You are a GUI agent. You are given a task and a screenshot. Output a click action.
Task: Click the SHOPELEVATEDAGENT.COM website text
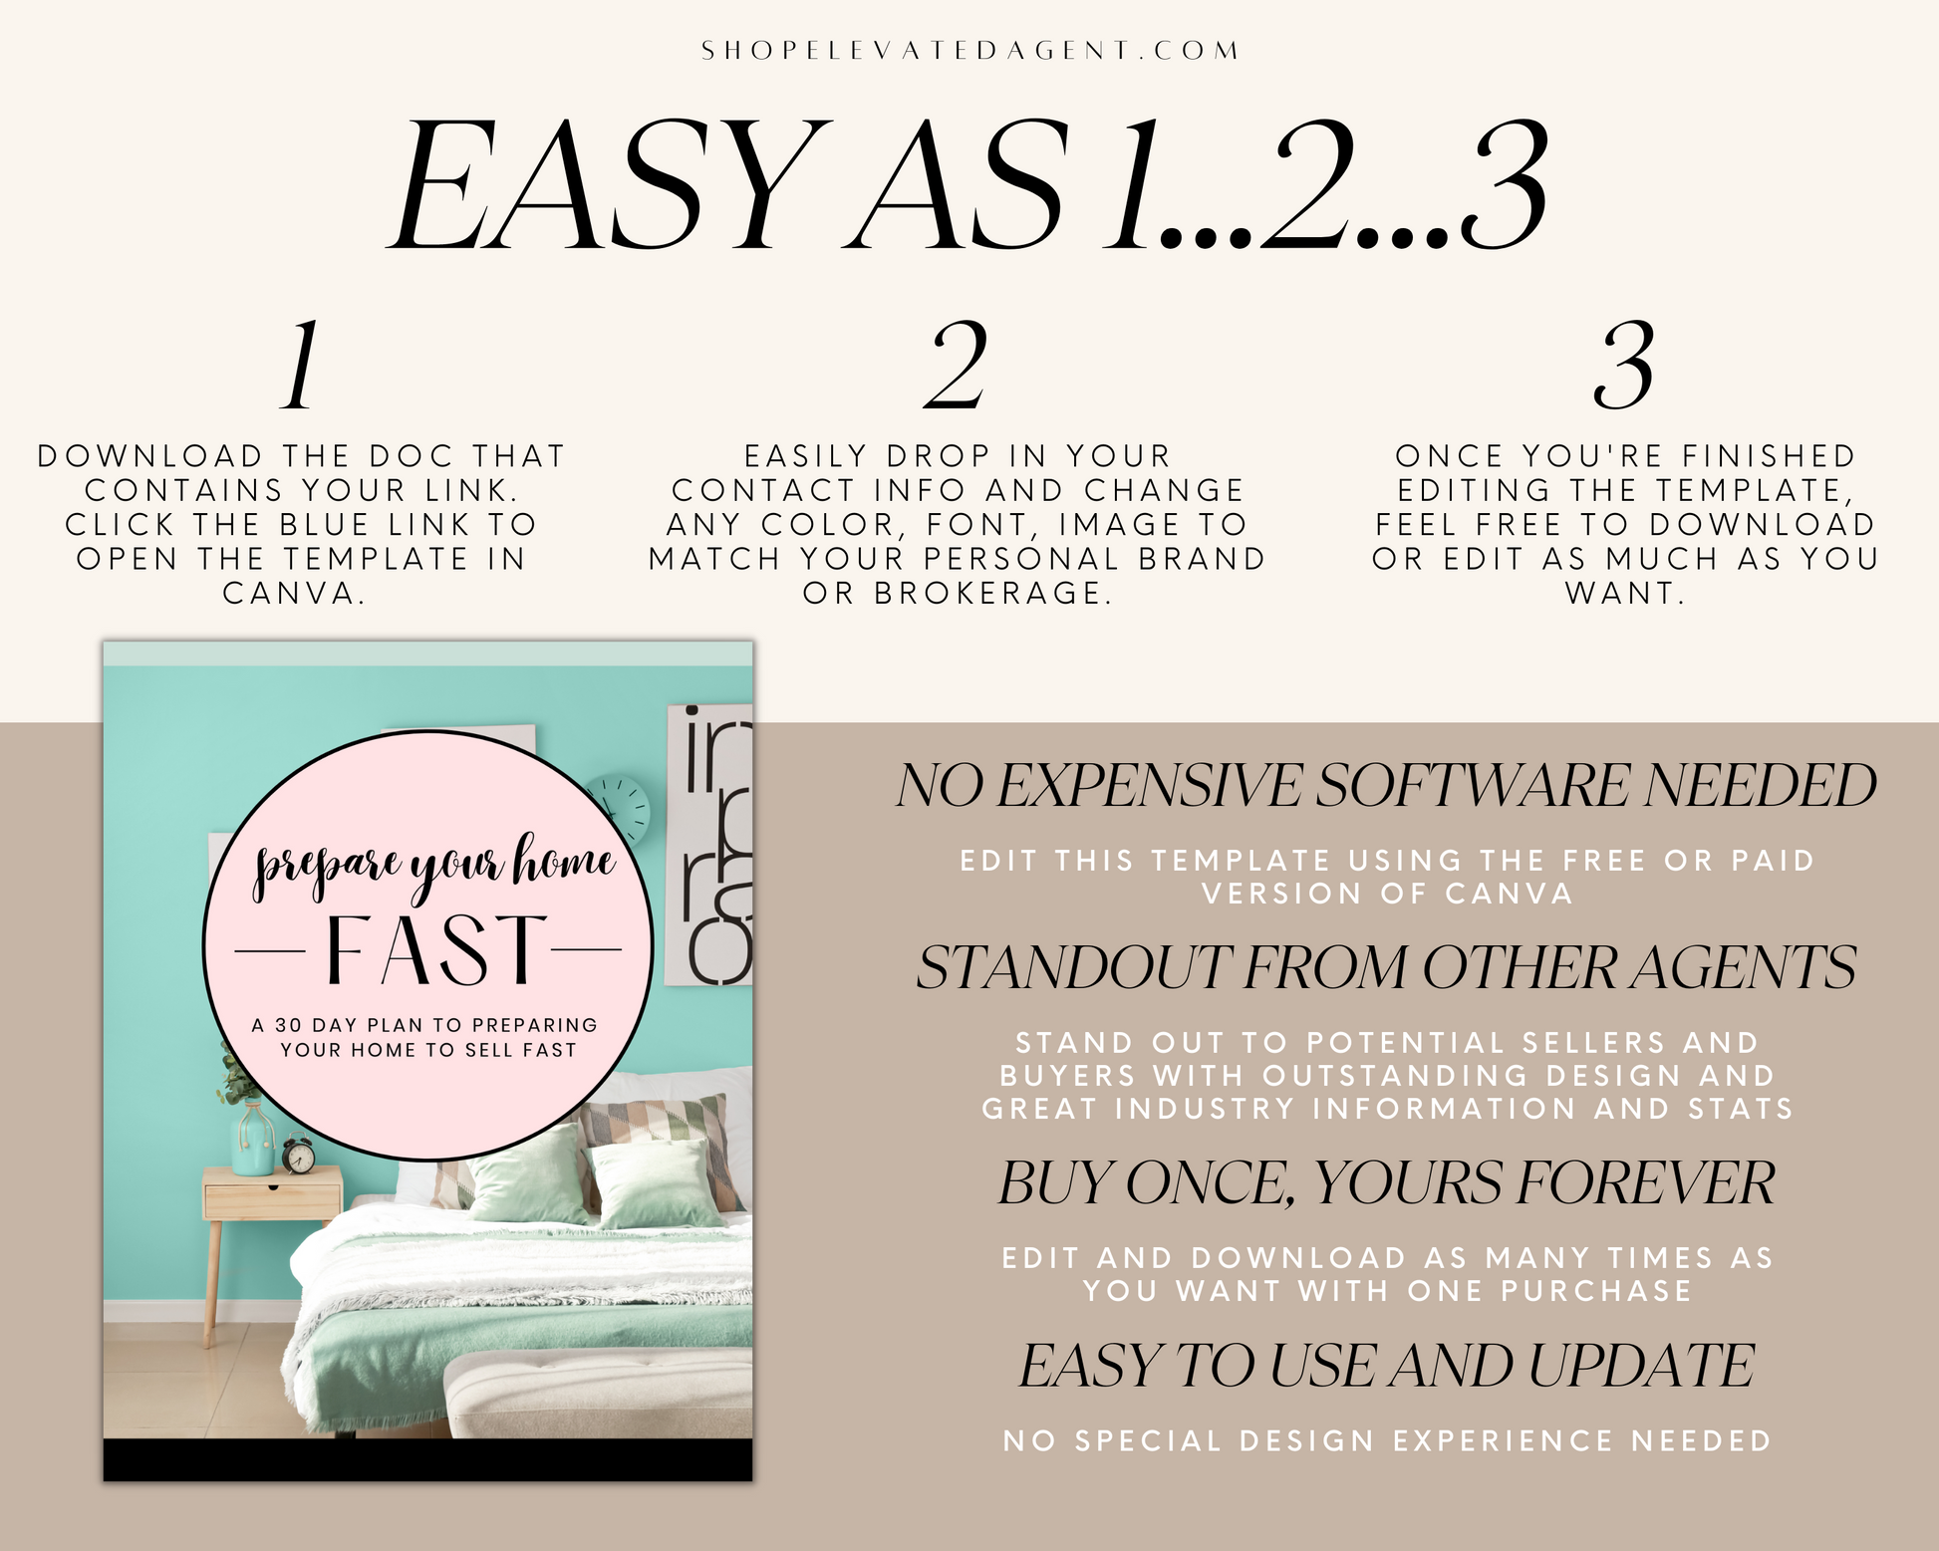pos(969,51)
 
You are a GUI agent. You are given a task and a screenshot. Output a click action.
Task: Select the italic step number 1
pos(300,366)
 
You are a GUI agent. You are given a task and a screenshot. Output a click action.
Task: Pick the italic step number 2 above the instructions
pos(956,366)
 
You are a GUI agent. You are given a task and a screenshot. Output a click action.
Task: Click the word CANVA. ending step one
pos(294,594)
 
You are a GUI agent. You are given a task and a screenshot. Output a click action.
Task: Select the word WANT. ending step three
pos(1625,594)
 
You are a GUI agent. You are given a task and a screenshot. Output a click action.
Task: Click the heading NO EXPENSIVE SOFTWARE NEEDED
pos(1386,785)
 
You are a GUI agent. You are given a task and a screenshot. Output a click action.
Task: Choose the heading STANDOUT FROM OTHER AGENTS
pos(1386,967)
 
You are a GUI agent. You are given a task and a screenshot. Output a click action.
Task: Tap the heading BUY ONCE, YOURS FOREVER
pos(1386,1183)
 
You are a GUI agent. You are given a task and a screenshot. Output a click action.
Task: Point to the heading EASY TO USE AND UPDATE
pos(1386,1365)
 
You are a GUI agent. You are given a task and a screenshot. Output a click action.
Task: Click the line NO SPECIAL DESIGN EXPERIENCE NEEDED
pos(1387,1440)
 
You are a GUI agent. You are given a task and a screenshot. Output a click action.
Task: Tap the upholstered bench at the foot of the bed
pos(598,1394)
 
